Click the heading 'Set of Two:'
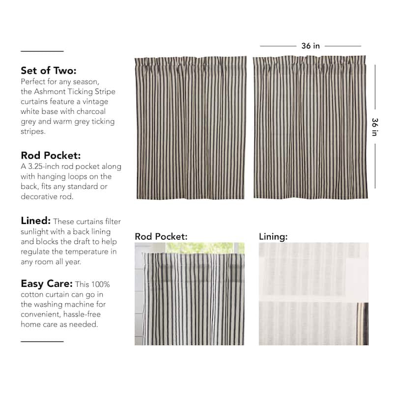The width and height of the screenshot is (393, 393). [49, 70]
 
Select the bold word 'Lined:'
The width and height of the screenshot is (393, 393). [35, 221]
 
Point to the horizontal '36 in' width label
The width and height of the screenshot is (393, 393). [310, 46]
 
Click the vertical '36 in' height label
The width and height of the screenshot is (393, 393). [375, 127]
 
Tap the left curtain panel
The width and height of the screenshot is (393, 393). [191, 128]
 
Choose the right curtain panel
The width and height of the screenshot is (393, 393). [310, 128]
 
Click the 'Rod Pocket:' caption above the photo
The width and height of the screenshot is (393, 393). [161, 236]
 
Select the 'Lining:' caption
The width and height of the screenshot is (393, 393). [273, 236]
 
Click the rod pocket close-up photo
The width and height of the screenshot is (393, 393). [189, 293]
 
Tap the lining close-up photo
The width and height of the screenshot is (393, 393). [313, 293]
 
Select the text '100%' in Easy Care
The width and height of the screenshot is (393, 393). [100, 284]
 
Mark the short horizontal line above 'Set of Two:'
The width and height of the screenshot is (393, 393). [42, 51]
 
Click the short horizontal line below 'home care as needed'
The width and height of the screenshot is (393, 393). [42, 341]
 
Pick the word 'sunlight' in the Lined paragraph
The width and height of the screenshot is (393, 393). [36, 231]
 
